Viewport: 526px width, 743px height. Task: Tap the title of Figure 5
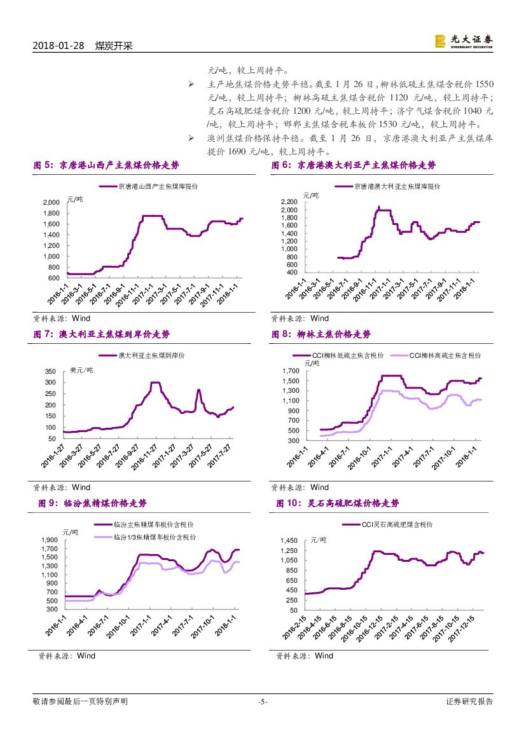click(106, 165)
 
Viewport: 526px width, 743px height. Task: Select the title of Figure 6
click(354, 165)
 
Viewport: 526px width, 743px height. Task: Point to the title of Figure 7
click(102, 334)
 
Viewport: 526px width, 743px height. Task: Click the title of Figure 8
click(321, 334)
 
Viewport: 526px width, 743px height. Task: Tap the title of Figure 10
click(337, 503)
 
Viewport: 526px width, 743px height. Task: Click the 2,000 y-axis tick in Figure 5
click(51, 203)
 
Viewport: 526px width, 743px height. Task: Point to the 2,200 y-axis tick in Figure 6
click(288, 201)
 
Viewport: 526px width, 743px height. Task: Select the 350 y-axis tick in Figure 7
click(50, 372)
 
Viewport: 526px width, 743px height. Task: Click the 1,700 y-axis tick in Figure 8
click(289, 371)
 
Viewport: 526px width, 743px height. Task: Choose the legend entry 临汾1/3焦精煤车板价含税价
click(153, 537)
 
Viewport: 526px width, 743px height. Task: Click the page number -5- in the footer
click(263, 702)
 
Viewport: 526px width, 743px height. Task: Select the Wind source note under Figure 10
click(305, 656)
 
